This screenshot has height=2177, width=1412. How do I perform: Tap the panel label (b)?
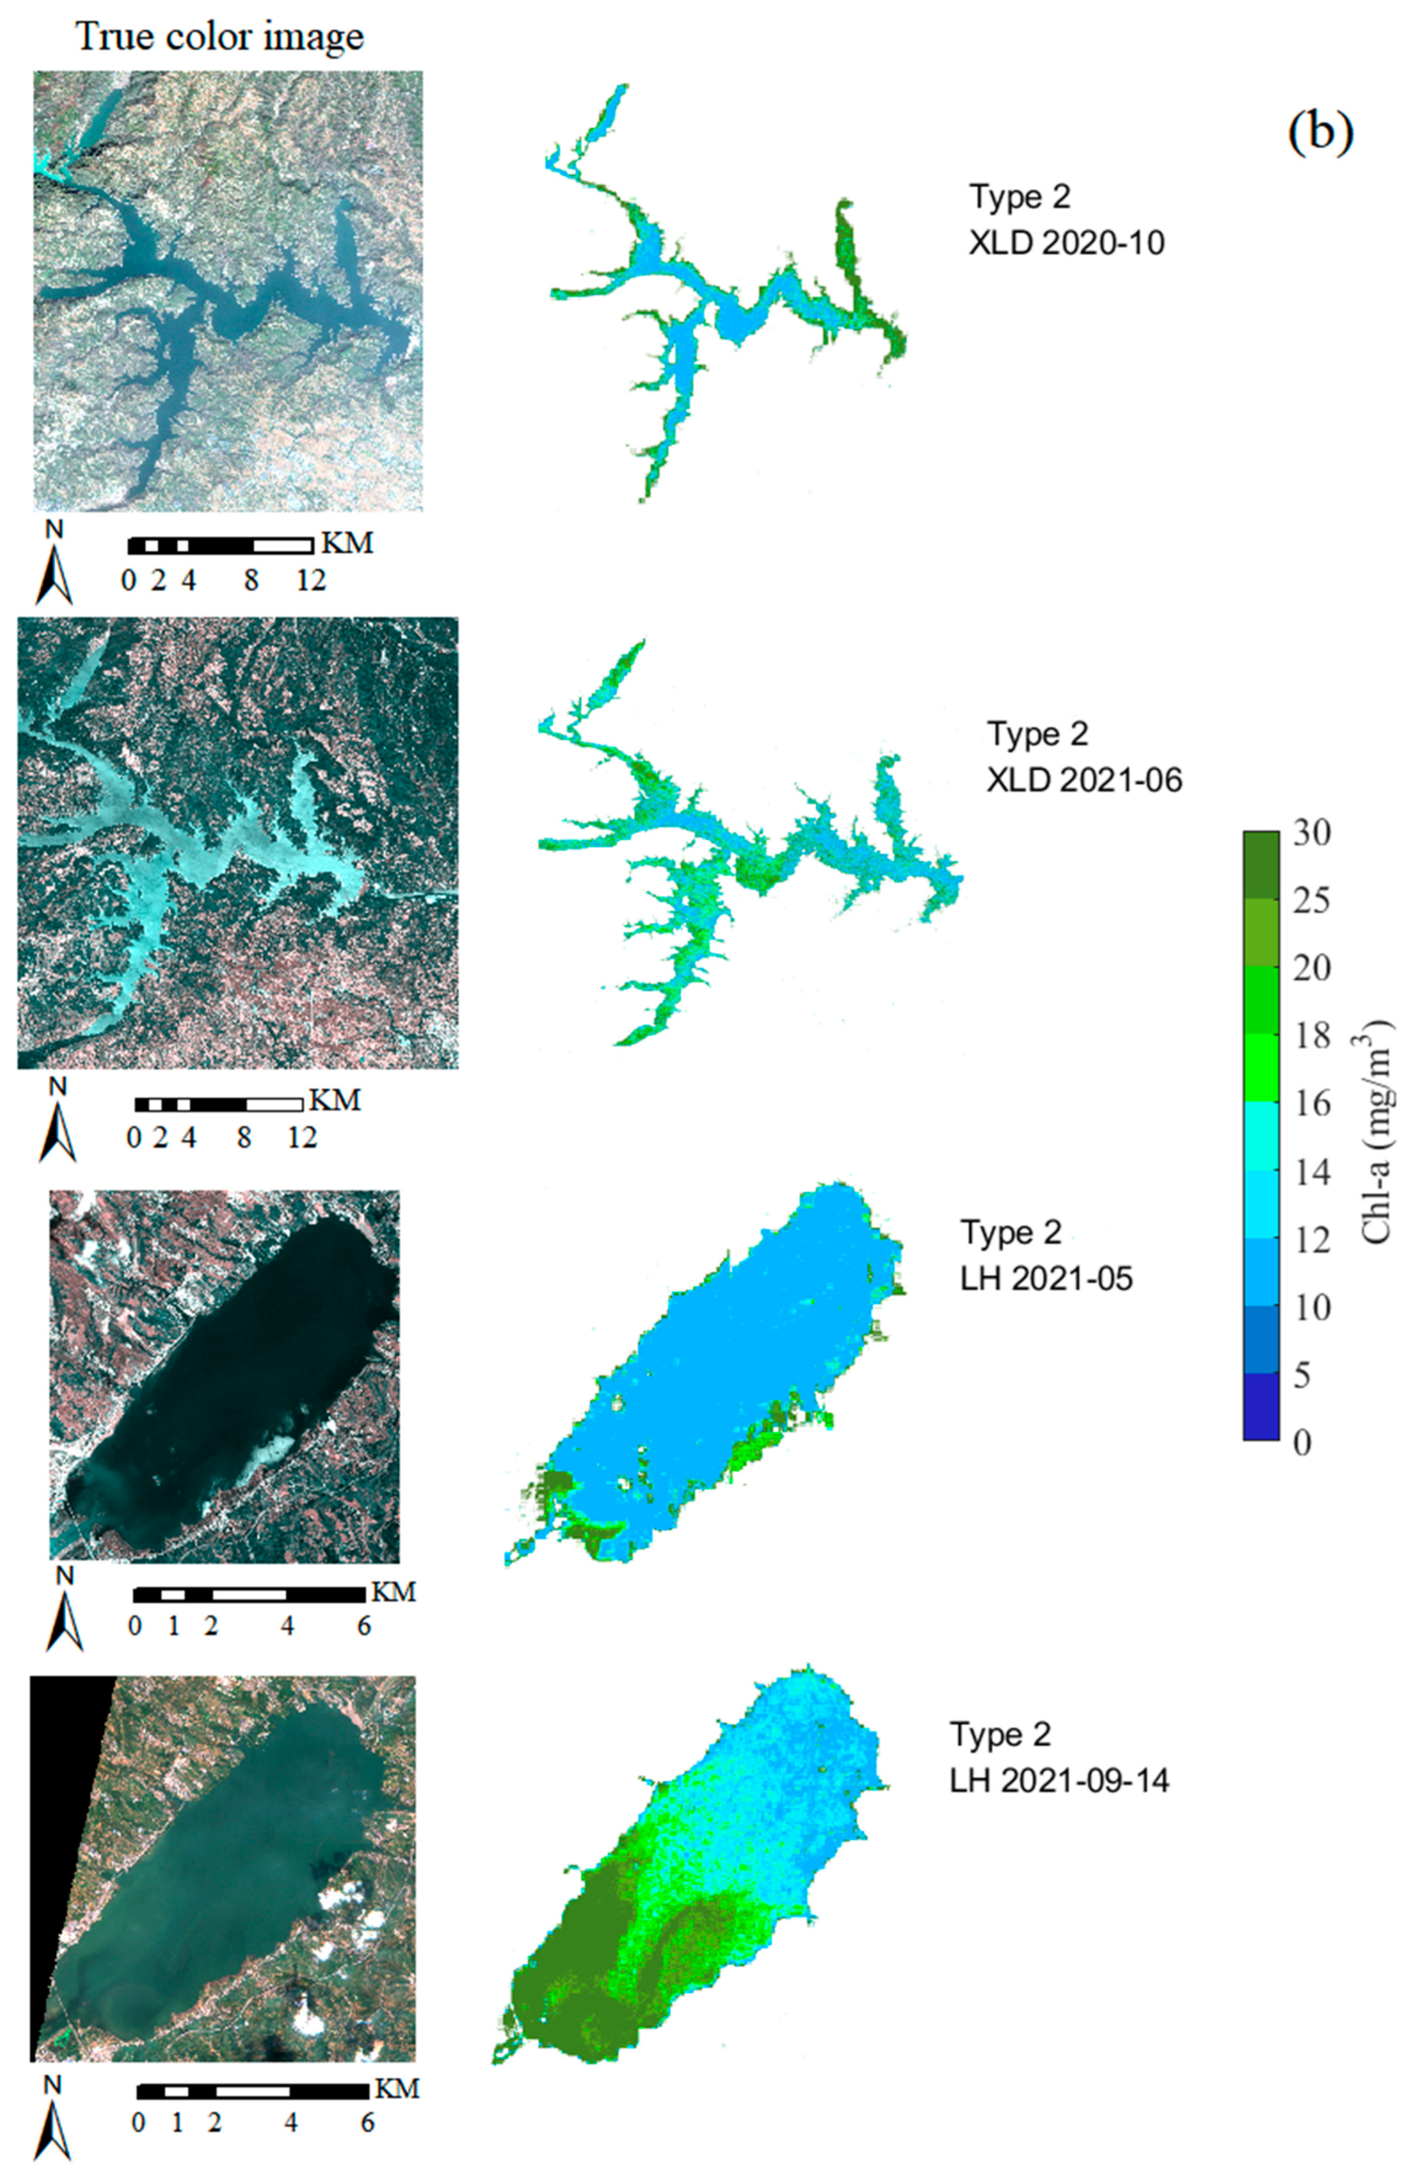[x=1319, y=132]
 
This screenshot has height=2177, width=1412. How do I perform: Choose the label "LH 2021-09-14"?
[x=1059, y=1779]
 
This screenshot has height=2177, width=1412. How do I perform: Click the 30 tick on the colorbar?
[x=1311, y=833]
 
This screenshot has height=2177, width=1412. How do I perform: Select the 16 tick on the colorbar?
[x=1311, y=1104]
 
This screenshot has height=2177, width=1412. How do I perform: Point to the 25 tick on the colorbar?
[x=1311, y=901]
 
